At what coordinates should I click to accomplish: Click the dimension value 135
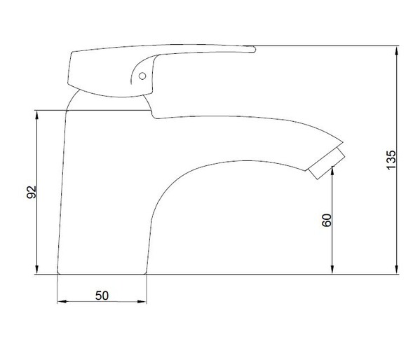pos(391,160)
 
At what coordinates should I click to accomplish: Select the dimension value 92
pos(32,192)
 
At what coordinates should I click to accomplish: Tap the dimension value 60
pos(327,221)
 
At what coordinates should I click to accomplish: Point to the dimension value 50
pos(102,296)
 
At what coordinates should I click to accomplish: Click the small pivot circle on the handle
pos(142,76)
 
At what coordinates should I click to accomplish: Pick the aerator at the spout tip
pos(327,163)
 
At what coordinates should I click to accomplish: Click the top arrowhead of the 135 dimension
pos(397,50)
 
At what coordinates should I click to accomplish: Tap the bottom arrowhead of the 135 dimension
pos(397,270)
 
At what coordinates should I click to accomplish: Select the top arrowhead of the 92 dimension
pos(37,115)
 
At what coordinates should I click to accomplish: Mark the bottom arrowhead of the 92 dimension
pos(37,270)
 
